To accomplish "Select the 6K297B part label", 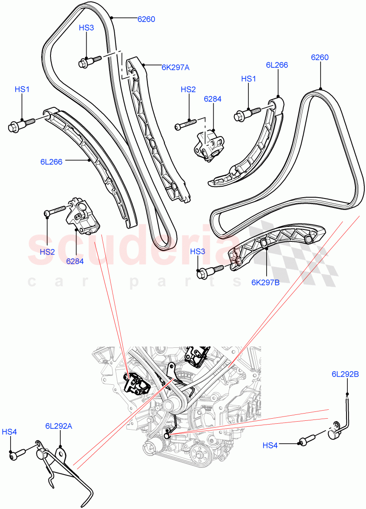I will click(265, 282).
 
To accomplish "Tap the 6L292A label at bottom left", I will click(59, 426).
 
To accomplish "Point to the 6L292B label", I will click(346, 374).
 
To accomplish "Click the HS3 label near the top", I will click(86, 28).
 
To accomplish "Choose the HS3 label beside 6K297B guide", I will click(197, 252).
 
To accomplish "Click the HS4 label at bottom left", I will click(9, 432).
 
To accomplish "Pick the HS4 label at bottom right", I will click(270, 445).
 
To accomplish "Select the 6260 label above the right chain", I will click(320, 58).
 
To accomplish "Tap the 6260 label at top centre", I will click(146, 19).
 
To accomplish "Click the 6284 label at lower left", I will click(75, 261).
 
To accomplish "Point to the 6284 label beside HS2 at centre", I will click(213, 99).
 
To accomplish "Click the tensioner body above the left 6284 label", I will click(82, 217).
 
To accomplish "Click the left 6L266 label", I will click(51, 162).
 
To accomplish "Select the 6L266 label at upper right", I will click(277, 65).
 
